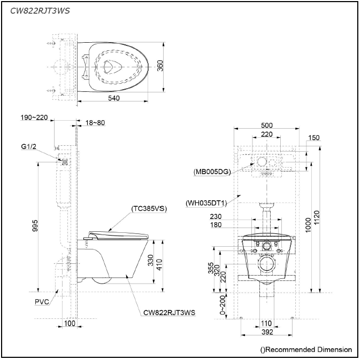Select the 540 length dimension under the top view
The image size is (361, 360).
click(113, 98)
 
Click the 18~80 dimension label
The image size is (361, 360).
click(95, 122)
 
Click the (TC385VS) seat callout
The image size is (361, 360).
click(148, 209)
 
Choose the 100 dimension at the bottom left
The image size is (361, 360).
click(70, 324)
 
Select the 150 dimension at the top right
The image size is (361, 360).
click(314, 138)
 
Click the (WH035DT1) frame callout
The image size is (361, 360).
click(205, 203)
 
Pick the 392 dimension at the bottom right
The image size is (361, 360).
click(266, 332)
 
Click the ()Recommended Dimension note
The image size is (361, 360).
click(306, 349)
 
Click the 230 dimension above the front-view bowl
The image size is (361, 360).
click(216, 217)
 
